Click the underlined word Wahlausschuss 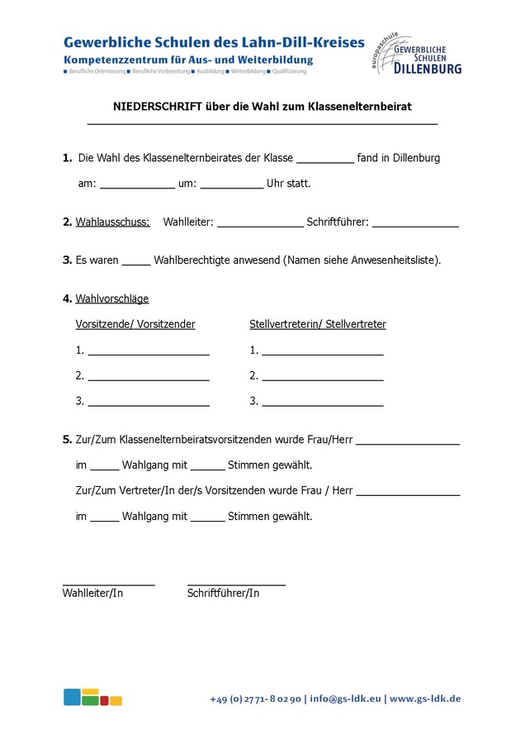(112, 222)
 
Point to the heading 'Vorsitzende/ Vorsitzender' (135, 324)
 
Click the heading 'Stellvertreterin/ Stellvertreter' (318, 324)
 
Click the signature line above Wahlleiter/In (108, 584)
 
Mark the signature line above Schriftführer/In (236, 584)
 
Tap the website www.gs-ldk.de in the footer (425, 699)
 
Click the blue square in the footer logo (72, 697)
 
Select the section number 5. (67, 439)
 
